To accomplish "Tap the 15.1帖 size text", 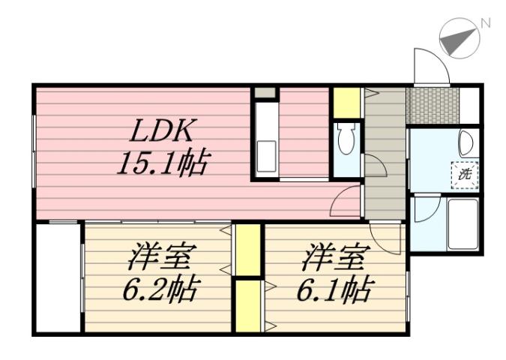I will [162, 163].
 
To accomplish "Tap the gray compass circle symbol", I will [458, 38].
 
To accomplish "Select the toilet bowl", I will [346, 140].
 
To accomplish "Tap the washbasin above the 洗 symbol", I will [466, 142].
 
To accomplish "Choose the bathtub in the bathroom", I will [463, 223].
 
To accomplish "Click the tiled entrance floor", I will [432, 106].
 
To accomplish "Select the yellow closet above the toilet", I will [346, 103].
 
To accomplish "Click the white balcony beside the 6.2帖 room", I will [58, 277].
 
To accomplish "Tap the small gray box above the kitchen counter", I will [265, 94].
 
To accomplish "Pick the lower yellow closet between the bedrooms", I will [248, 305].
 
